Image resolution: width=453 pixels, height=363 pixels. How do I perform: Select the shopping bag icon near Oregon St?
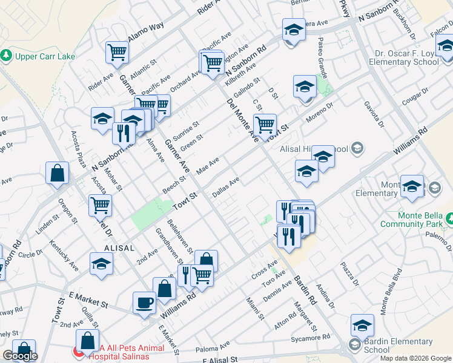[x=57, y=173]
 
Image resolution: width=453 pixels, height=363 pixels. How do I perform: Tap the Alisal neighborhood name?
[x=119, y=248]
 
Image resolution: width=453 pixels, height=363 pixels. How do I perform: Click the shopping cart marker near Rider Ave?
[x=117, y=52]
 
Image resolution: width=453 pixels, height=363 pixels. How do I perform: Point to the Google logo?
[x=20, y=356]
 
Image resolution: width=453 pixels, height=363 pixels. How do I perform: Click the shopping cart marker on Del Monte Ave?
[x=265, y=125]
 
